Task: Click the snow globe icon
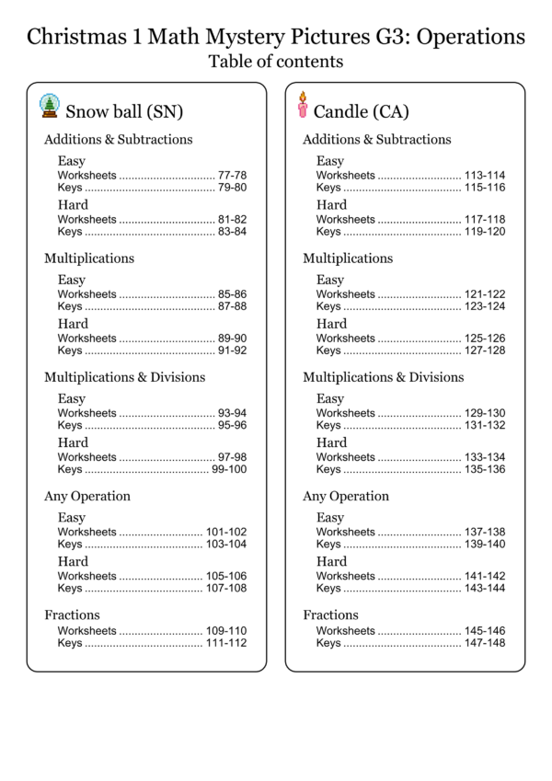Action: point(49,106)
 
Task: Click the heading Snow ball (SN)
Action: point(124,111)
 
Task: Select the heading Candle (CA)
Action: point(362,111)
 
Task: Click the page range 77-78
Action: point(232,175)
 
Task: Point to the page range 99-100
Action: point(229,469)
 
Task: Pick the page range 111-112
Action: point(226,643)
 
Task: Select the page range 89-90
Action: point(232,338)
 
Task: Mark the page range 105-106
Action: point(226,576)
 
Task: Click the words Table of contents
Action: point(276,62)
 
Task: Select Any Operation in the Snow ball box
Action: point(87,496)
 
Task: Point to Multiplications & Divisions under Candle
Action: point(384,377)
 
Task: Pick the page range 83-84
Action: point(232,232)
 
